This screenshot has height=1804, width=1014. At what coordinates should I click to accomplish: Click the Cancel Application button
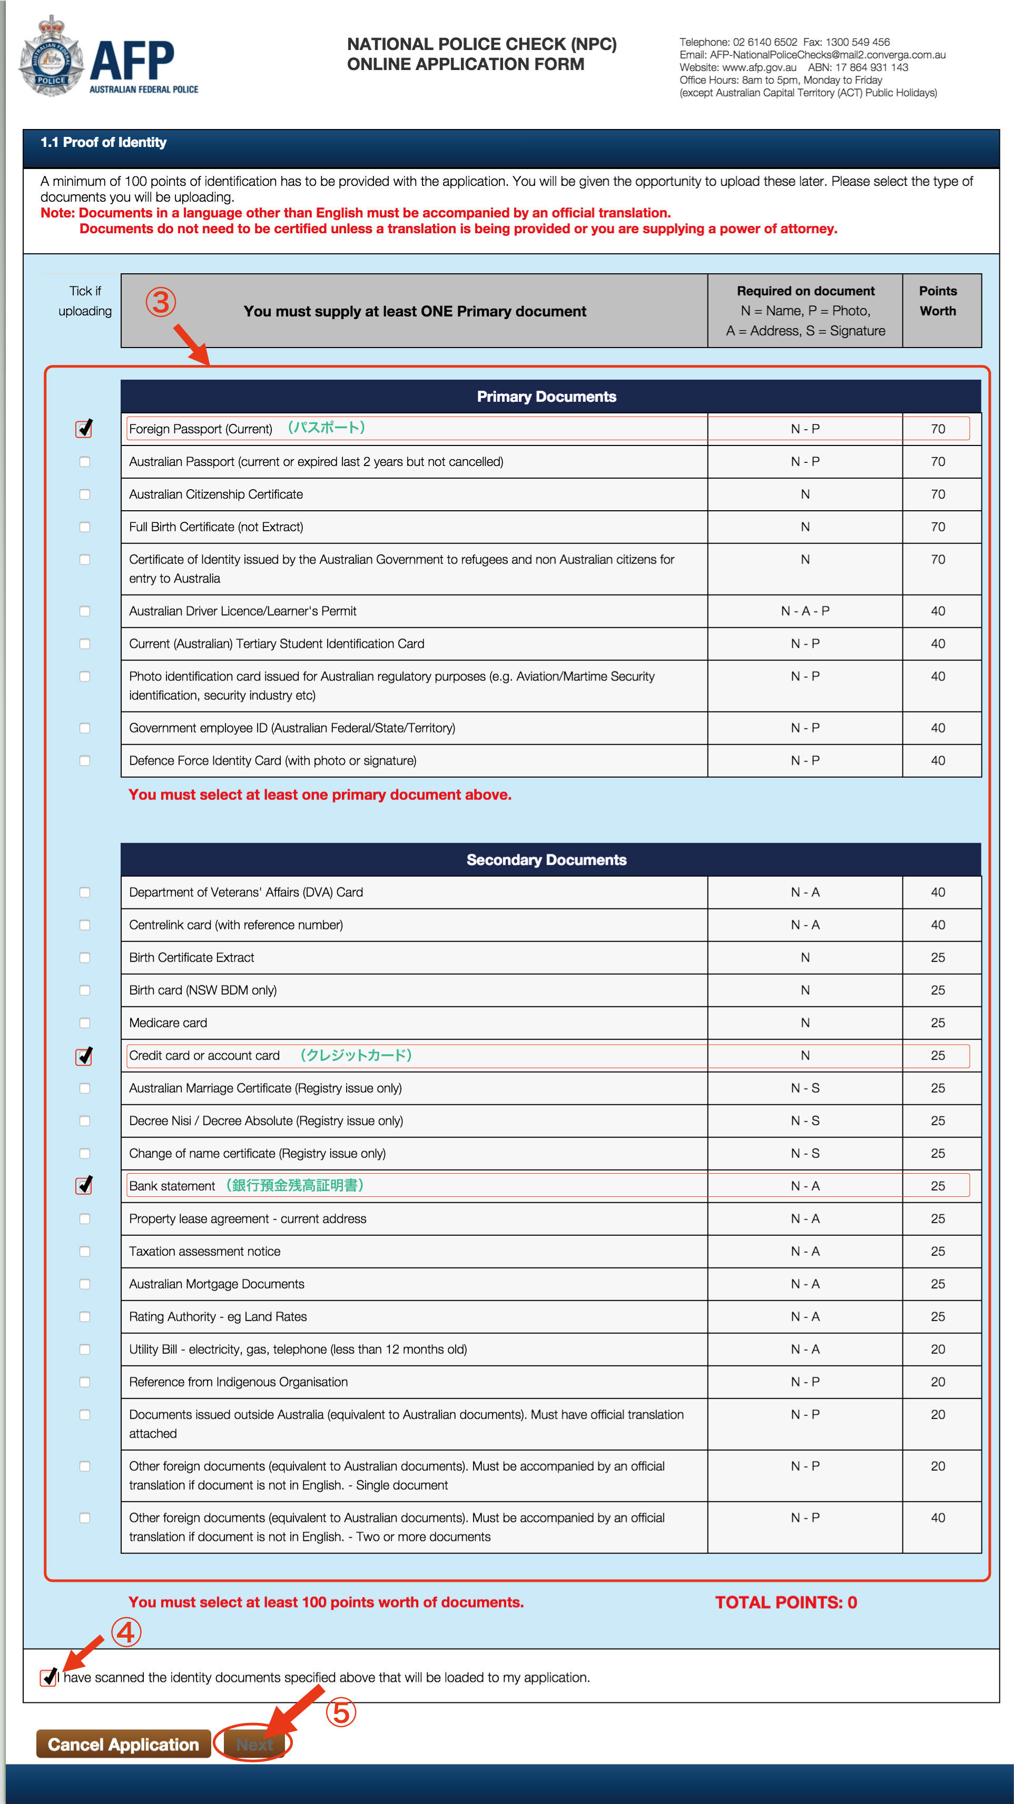(x=123, y=1744)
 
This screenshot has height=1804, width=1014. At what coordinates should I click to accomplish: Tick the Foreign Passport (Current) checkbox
(x=85, y=429)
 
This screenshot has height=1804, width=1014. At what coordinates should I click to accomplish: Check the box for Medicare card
(x=85, y=1023)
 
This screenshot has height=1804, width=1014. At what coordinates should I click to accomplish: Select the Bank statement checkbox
(x=85, y=1186)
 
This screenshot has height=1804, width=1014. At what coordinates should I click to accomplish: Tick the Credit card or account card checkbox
(x=85, y=1055)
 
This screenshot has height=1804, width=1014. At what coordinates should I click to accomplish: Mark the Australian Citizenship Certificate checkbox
(x=85, y=494)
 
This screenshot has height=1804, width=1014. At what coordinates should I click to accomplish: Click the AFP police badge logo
(x=51, y=56)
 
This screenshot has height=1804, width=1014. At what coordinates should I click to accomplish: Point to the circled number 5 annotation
(x=341, y=1713)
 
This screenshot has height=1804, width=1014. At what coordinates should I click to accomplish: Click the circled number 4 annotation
(x=126, y=1632)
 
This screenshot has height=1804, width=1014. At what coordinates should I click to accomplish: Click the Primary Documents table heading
(x=547, y=397)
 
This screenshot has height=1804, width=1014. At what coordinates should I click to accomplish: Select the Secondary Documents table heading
(x=547, y=860)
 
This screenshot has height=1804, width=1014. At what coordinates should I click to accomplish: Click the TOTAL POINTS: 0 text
(x=785, y=1602)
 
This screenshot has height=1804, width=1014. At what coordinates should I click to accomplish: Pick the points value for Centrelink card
(x=938, y=925)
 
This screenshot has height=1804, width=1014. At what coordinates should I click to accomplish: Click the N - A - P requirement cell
(x=805, y=611)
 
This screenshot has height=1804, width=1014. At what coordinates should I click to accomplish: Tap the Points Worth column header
(x=938, y=301)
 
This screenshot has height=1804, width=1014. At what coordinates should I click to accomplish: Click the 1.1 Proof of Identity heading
(x=104, y=142)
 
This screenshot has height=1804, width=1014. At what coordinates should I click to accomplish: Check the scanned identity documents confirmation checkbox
(x=48, y=1677)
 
